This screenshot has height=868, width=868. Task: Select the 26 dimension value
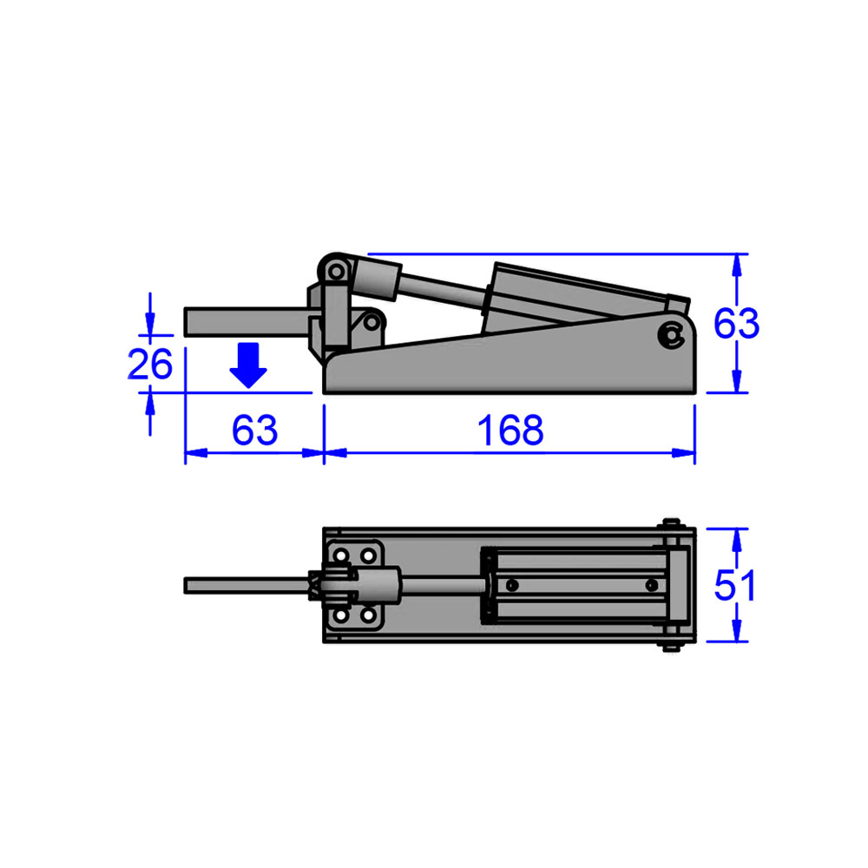[x=150, y=365]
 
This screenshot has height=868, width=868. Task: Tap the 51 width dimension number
[x=734, y=586]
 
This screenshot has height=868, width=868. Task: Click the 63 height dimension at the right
[x=736, y=324]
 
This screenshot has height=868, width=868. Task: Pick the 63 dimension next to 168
[x=254, y=431]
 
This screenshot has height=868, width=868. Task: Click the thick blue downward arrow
[x=249, y=365]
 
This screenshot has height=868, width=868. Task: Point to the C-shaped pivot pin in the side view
[x=669, y=334]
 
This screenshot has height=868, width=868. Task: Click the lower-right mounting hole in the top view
[x=370, y=615]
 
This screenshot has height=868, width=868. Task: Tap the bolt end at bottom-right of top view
[x=672, y=646]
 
